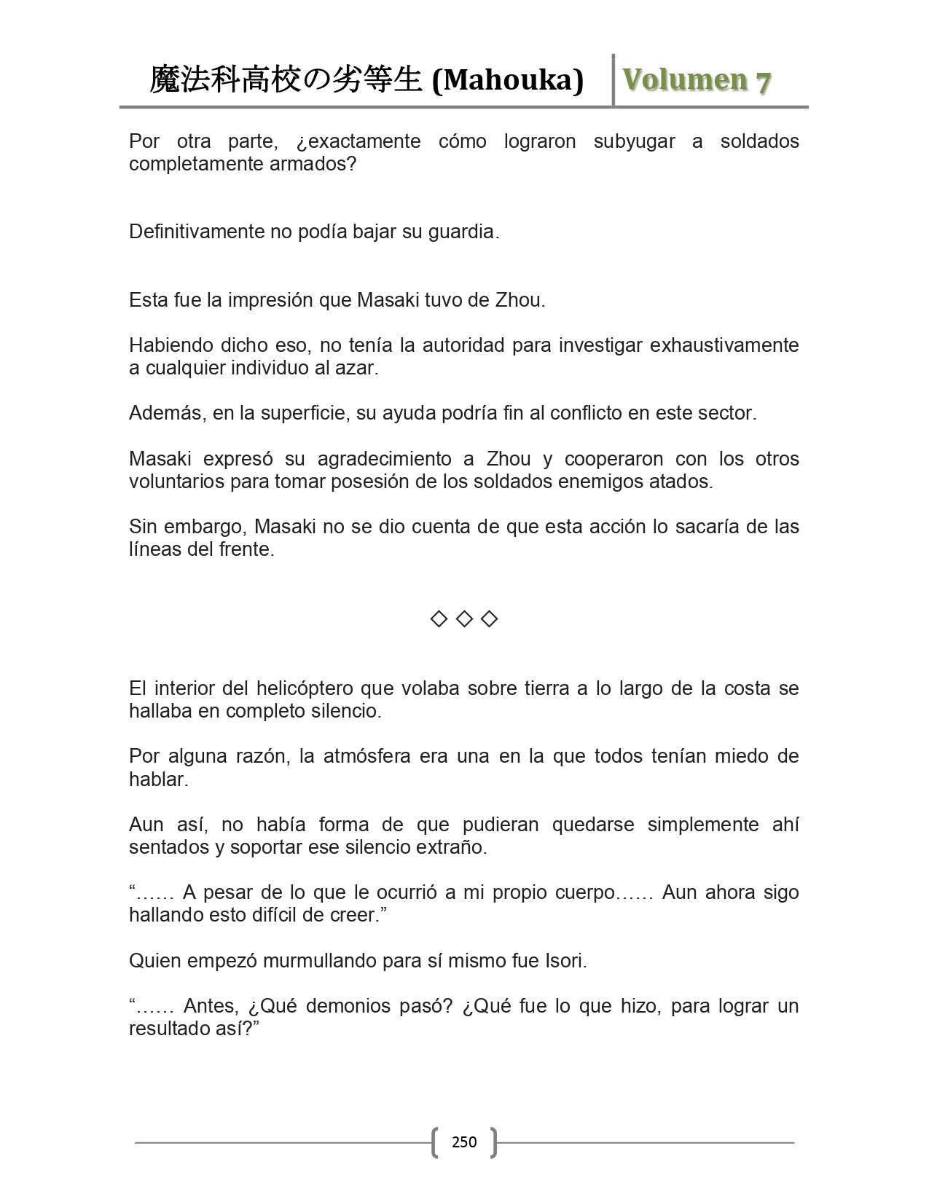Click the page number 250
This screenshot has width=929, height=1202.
click(464, 1142)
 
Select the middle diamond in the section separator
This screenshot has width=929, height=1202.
click(464, 619)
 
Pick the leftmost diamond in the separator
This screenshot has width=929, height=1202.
click(439, 619)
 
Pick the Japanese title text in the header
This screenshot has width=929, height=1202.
click(286, 80)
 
